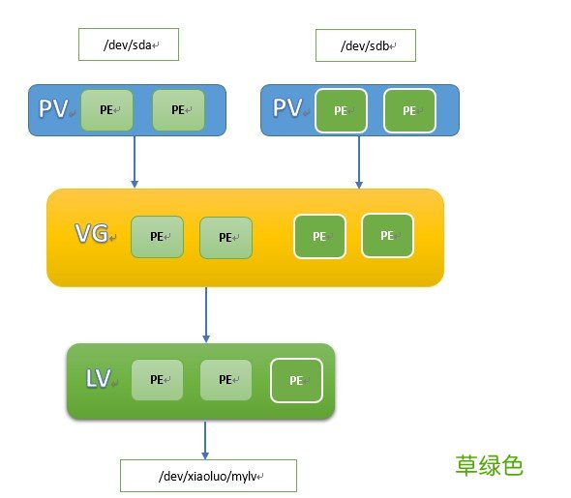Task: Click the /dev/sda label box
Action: tap(129, 44)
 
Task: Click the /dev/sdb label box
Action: tap(365, 44)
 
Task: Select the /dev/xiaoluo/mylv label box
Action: tap(208, 476)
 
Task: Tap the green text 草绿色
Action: tap(489, 465)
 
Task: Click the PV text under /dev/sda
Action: tap(53, 108)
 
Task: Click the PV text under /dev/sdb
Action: tap(287, 108)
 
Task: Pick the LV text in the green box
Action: tap(98, 379)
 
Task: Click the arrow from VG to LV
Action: tap(205, 314)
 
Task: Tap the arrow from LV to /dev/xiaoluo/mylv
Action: tap(205, 439)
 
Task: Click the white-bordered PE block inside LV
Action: tap(295, 380)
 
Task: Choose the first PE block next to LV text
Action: tap(157, 379)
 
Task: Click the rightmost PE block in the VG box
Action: tap(387, 235)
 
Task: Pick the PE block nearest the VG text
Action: tap(157, 236)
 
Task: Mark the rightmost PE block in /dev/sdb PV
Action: tap(409, 110)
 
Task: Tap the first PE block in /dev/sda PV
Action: tap(106, 109)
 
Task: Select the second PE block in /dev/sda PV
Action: tap(178, 109)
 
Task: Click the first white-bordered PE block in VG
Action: tap(319, 236)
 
